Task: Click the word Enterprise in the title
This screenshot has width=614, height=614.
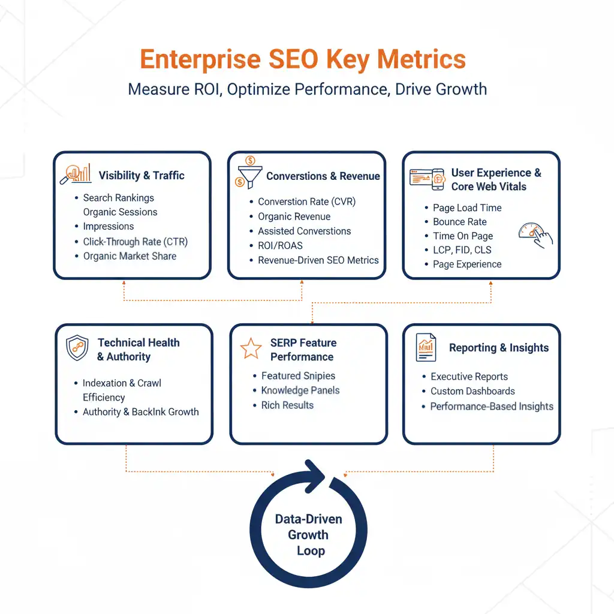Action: coord(201,60)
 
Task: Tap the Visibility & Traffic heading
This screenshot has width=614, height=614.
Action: coord(142,176)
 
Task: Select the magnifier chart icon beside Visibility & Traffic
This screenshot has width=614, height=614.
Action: coord(76,173)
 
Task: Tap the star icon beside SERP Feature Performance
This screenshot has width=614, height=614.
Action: coord(251,348)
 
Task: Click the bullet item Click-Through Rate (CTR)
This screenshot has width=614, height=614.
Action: coord(135,242)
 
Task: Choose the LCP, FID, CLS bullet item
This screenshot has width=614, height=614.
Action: coord(462,250)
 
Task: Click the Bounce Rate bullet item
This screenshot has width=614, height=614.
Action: coord(459,222)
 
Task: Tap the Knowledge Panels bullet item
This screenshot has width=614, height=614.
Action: coord(300,390)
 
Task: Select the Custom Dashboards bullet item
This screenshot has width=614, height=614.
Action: coord(472,391)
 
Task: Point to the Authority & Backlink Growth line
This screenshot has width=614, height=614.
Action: coord(140,412)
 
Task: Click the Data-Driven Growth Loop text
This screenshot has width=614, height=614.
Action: coord(308,535)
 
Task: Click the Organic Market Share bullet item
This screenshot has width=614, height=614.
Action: coord(130,256)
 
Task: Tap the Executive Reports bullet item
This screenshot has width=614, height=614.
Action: coord(469,377)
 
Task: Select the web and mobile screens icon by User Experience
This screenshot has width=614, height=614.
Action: coord(426,178)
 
